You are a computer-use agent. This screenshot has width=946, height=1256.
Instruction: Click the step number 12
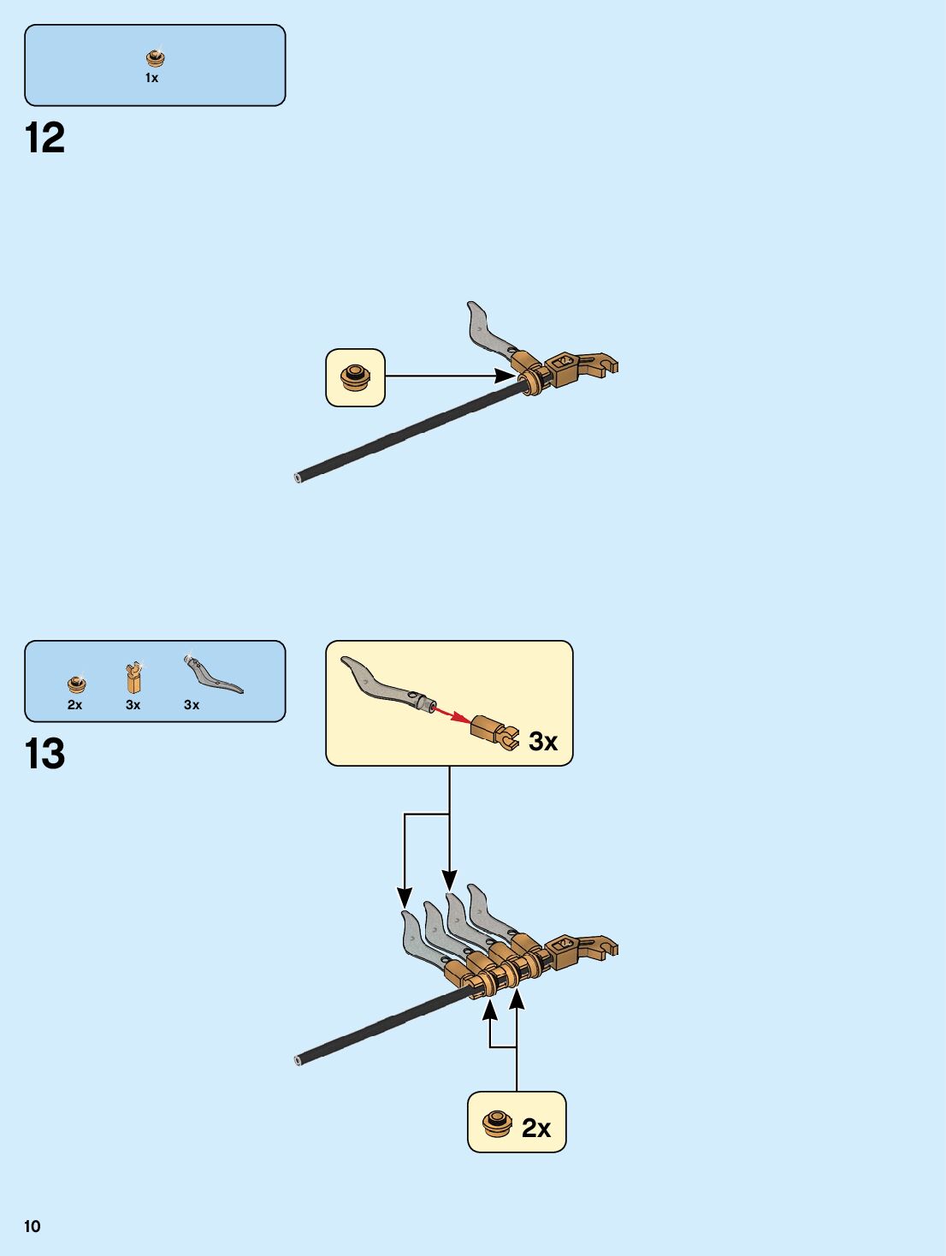(44, 138)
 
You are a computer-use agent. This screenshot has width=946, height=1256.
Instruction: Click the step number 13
(44, 754)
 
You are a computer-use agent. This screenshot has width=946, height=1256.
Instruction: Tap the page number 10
(32, 1226)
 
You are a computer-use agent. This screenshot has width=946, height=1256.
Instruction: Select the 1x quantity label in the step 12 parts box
(151, 78)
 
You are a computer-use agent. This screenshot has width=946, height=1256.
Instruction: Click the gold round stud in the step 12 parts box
(155, 58)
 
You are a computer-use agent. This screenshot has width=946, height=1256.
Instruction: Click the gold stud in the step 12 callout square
(355, 377)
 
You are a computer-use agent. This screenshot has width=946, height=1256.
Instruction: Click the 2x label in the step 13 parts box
(75, 705)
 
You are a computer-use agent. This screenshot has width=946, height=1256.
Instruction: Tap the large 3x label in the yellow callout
(543, 741)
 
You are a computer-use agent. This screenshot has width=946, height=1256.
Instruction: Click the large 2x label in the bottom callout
(536, 1128)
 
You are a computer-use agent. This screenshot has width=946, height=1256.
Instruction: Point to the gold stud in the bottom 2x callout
(497, 1123)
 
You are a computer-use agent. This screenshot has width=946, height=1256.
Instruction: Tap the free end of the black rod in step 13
(299, 1060)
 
